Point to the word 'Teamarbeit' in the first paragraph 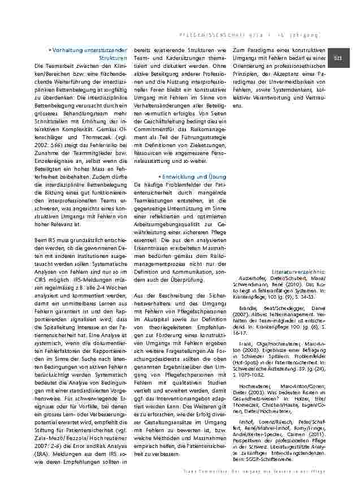(x=61, y=66)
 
